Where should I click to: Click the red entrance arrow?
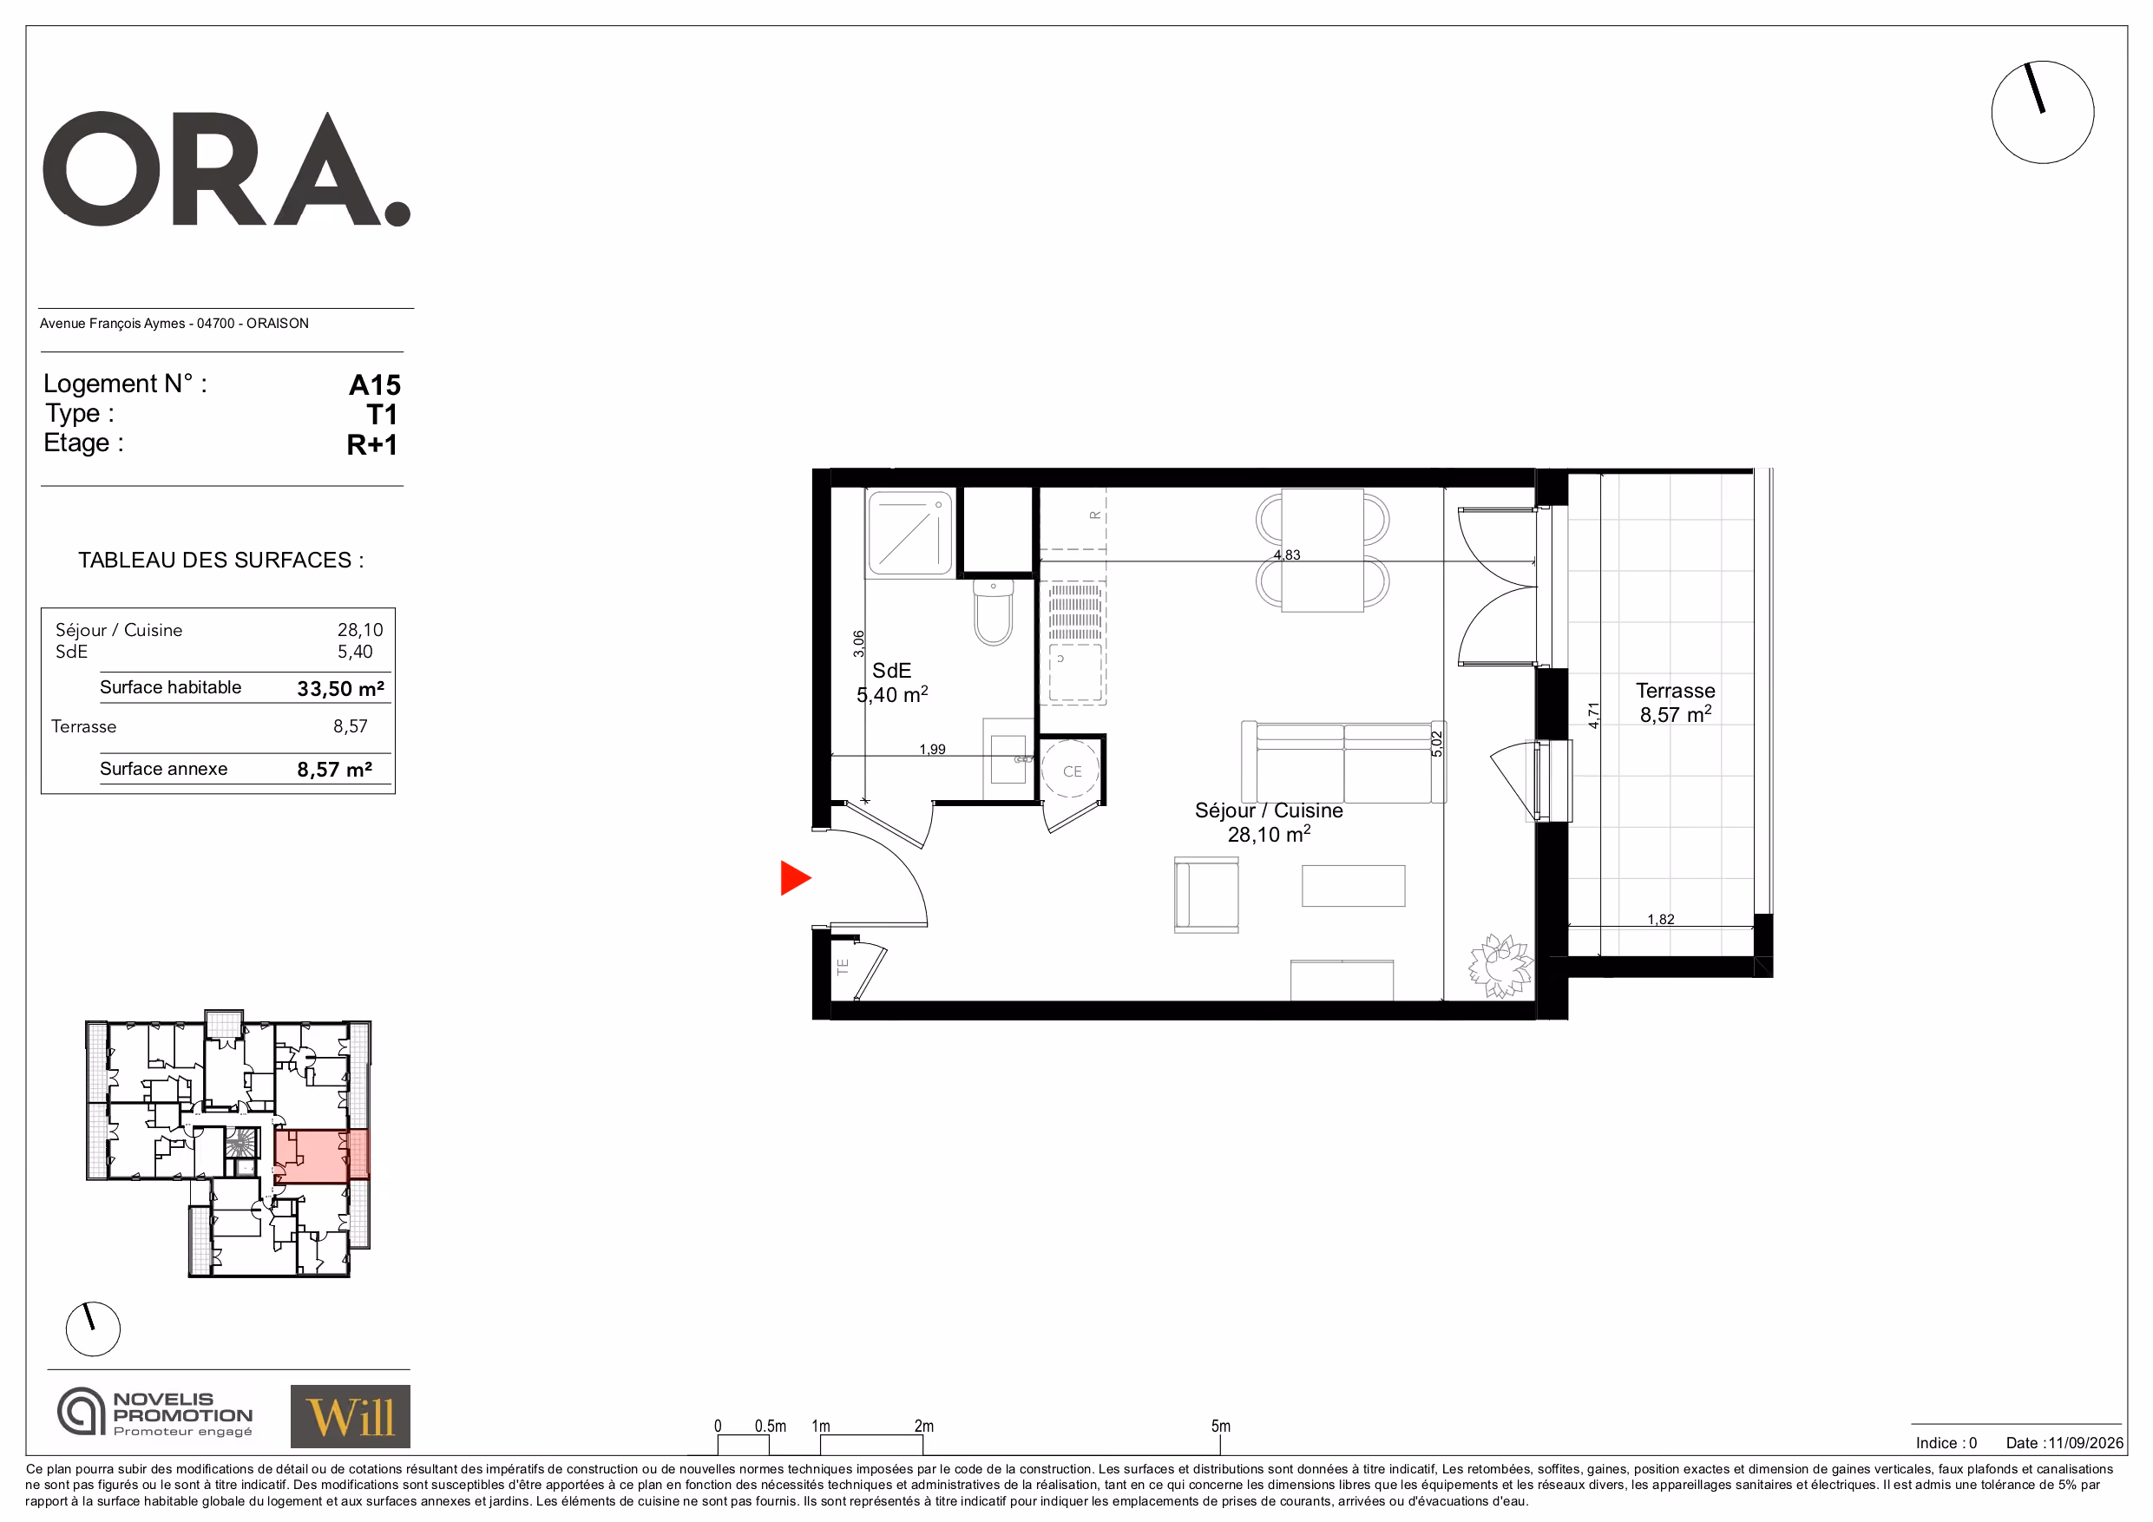click(x=793, y=878)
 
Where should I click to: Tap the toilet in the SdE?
click(x=993, y=613)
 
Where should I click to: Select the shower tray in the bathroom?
click(x=909, y=533)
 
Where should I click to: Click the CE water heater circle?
click(x=1071, y=769)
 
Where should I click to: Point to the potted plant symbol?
click(x=1500, y=965)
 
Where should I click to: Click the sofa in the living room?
click(x=1342, y=762)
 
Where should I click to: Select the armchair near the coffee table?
click(x=1206, y=895)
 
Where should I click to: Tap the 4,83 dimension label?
click(x=1287, y=554)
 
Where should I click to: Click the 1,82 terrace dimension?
click(x=1660, y=919)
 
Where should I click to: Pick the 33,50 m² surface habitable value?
click(x=340, y=688)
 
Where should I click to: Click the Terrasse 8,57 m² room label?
click(x=1675, y=702)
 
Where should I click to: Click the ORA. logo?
click(x=226, y=170)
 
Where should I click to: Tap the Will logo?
click(x=350, y=1416)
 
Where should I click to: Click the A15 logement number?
click(x=374, y=384)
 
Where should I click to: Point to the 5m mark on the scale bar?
click(x=1220, y=1426)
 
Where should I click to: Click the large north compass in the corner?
click(x=2042, y=113)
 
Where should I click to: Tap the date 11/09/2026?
click(x=2084, y=1442)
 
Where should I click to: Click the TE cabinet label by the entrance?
click(x=842, y=965)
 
